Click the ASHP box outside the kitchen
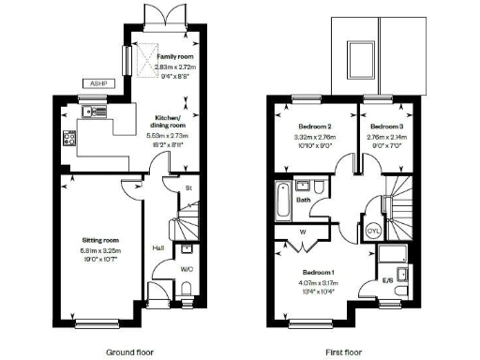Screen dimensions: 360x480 coord(97,82)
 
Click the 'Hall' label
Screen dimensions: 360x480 coord(158,247)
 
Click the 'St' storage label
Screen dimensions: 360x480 coord(188,188)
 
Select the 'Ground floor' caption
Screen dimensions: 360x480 coord(130,352)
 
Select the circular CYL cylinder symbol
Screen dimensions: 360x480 coord(373,231)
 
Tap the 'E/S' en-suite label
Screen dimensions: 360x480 coord(386,280)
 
